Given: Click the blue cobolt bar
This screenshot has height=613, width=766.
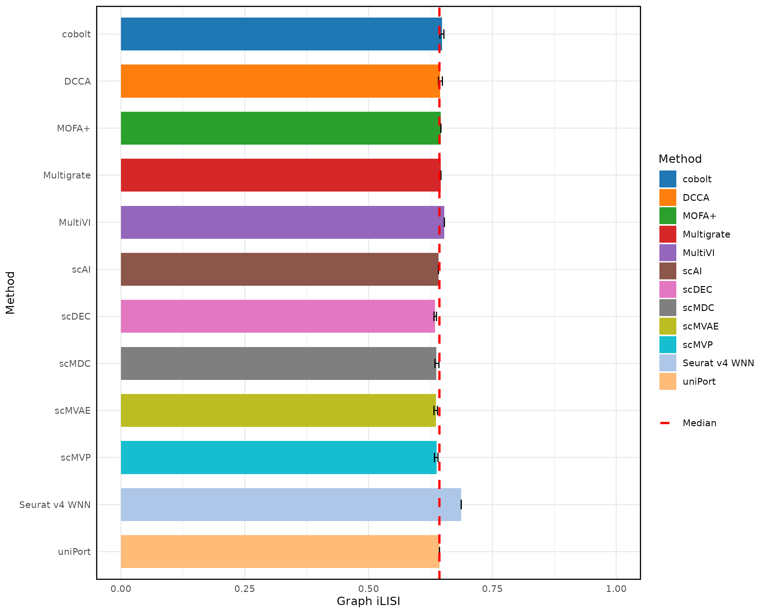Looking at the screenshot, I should pos(281,34).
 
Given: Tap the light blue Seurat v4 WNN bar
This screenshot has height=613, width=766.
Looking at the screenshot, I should pos(291,505).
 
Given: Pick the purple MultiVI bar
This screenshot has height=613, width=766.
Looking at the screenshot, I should pos(282,223).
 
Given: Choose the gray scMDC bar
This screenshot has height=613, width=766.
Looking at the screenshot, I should pos(278,364).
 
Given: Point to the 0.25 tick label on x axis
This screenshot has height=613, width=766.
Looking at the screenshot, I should pos(244,589).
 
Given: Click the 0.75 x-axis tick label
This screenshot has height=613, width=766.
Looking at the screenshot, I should pos(492,589).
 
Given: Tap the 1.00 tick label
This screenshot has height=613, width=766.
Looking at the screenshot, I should pos(616,589).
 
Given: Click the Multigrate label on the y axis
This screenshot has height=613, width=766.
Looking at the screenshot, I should pos(67,175).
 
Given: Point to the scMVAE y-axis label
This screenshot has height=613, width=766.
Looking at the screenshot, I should pos(72,411).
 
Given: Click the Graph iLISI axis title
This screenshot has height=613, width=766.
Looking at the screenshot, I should pos(368,601).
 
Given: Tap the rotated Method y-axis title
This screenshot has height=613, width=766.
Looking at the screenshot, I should pos(10,293).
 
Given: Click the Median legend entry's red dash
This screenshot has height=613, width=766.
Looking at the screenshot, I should pos(665,423).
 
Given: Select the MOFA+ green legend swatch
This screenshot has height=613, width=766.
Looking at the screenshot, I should pos(668,216).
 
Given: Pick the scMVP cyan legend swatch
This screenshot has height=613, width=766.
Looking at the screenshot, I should pos(668,345).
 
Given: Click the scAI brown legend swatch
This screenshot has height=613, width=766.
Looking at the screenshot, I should pos(668,271).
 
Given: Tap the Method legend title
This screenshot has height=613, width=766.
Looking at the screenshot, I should pos(680,159).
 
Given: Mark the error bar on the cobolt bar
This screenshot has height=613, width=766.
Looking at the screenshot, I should pos(442,34).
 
